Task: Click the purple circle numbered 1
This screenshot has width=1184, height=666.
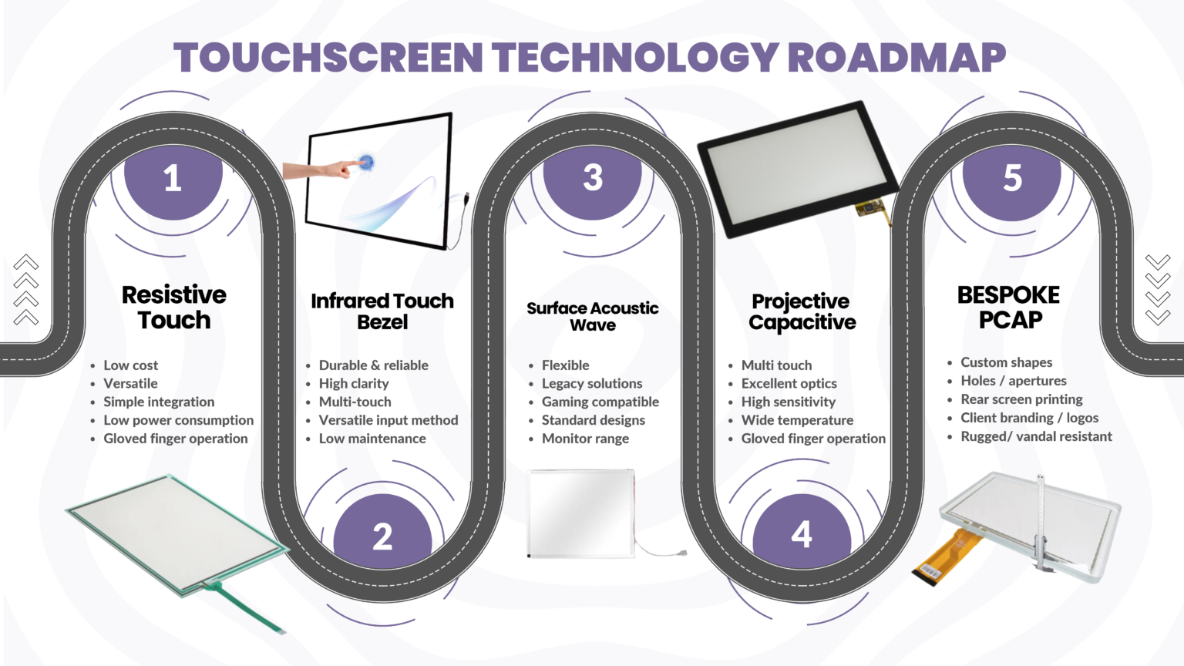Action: pyautogui.click(x=173, y=179)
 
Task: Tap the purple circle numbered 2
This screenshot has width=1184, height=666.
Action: pyautogui.click(x=382, y=536)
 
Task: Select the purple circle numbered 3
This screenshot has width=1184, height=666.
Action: pyautogui.click(x=593, y=177)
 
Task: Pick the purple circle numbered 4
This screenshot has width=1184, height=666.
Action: pyautogui.click(x=802, y=533)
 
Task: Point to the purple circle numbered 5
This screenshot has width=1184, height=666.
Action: pyautogui.click(x=1012, y=177)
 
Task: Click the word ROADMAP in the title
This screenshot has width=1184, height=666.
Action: pyautogui.click(x=896, y=58)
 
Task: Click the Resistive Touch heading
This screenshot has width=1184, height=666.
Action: pyautogui.click(x=174, y=307)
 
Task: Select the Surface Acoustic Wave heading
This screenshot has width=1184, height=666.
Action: pyautogui.click(x=593, y=316)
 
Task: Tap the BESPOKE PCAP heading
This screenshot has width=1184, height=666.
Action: pyautogui.click(x=1009, y=307)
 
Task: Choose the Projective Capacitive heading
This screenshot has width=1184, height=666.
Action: pyautogui.click(x=802, y=311)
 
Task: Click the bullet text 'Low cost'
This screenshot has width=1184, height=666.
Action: pyautogui.click(x=130, y=365)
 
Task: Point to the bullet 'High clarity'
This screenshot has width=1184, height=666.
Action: pyautogui.click(x=354, y=384)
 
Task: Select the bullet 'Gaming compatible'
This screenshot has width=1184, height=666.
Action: pyautogui.click(x=600, y=402)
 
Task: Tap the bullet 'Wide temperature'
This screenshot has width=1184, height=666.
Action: pyautogui.click(x=797, y=420)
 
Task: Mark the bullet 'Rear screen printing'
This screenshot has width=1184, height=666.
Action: pyautogui.click(x=1021, y=399)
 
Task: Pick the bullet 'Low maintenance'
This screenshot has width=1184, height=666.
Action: pyautogui.click(x=372, y=439)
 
